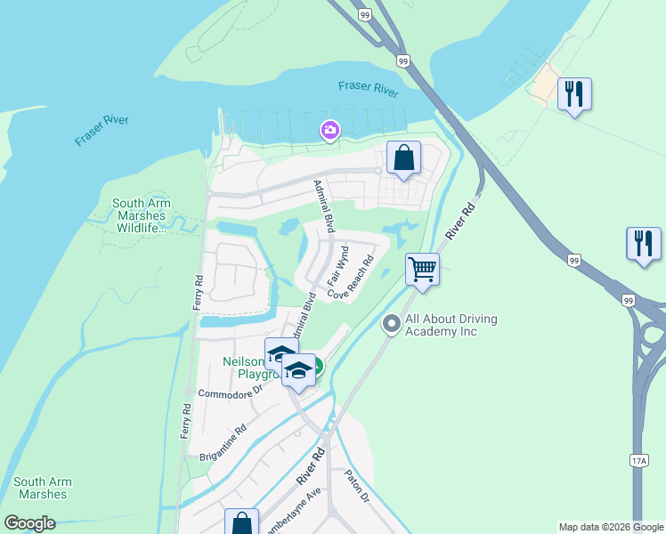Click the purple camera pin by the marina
(330, 132)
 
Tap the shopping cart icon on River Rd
(422, 268)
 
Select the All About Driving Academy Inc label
(451, 326)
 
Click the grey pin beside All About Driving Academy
(391, 325)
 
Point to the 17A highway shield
(638, 460)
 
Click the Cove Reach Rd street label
(350, 277)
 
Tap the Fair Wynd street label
(337, 265)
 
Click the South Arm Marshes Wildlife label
(141, 215)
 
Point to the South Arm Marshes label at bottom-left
(43, 488)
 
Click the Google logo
(29, 522)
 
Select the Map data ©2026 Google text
(610, 527)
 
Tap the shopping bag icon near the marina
(403, 158)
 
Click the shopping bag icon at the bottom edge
(241, 522)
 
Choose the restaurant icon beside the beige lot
(574, 92)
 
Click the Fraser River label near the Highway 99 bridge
(369, 87)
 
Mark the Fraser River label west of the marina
(102, 130)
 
